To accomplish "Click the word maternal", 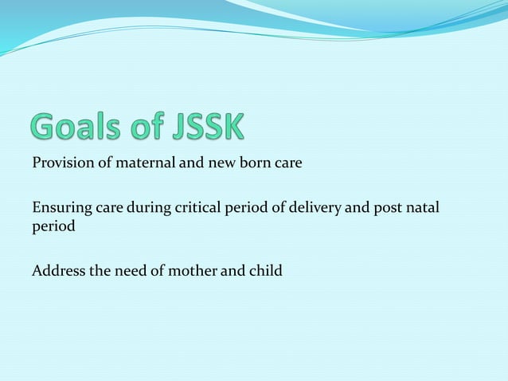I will [x=138, y=164].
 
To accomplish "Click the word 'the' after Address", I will [x=100, y=271].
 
